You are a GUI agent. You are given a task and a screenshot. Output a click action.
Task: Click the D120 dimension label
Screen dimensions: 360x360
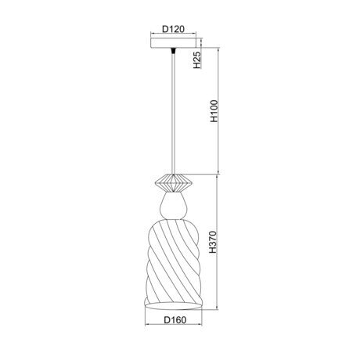click(x=173, y=29)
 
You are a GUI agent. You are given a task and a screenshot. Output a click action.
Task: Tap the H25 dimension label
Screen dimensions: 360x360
click(x=197, y=59)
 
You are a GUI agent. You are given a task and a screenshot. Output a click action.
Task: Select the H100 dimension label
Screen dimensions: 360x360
click(x=214, y=111)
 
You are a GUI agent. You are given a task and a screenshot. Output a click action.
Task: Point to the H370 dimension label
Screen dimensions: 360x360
click(x=213, y=242)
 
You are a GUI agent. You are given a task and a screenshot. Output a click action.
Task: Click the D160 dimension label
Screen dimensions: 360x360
click(x=175, y=320)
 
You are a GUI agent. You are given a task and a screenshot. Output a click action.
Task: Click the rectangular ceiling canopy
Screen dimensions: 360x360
click(x=174, y=43)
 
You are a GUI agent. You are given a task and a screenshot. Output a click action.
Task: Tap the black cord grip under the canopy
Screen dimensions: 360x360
click(x=173, y=50)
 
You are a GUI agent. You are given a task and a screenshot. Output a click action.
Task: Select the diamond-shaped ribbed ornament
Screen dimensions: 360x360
click(x=173, y=183)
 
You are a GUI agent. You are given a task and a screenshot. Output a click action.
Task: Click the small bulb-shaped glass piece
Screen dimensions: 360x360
click(x=173, y=206)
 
